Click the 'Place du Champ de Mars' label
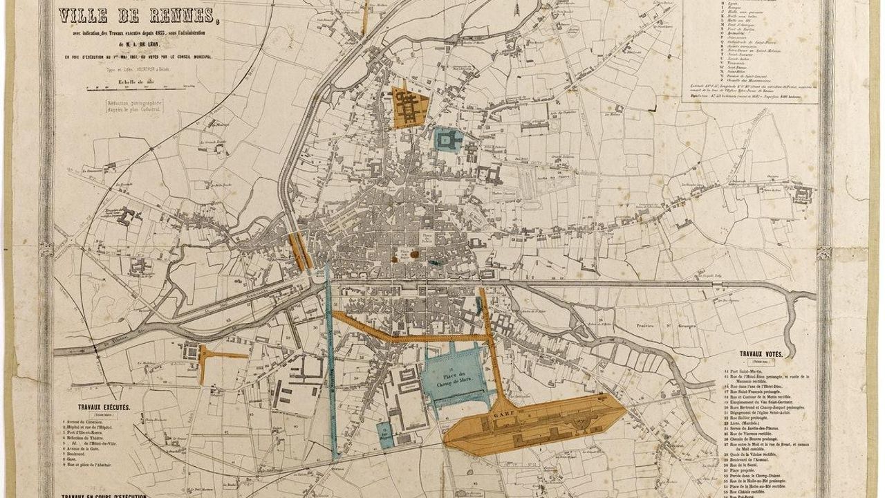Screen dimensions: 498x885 [452, 380]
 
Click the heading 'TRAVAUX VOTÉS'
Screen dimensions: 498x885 [761, 354]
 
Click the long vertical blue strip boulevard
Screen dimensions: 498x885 [330, 367]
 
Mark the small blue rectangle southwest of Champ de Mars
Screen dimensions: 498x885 [385, 434]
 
